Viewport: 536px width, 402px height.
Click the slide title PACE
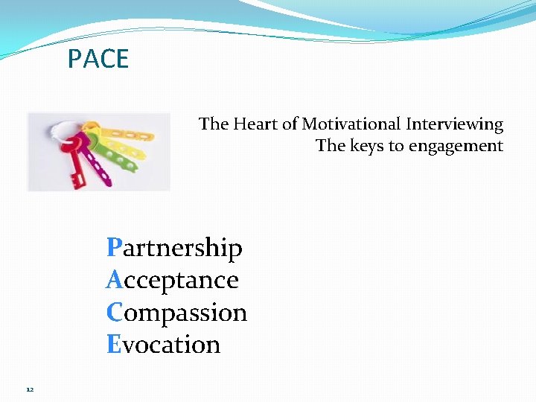(98, 59)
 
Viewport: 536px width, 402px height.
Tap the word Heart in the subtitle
(255, 124)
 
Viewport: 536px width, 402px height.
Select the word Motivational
(352, 124)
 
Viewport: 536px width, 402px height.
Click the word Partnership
(175, 248)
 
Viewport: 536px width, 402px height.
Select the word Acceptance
(173, 280)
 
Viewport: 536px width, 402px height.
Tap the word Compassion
(177, 313)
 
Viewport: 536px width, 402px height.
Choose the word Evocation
(164, 345)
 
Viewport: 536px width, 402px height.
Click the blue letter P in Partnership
(114, 247)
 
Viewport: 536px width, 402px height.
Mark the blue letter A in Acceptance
(114, 280)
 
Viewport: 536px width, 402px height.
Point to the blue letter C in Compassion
(114, 312)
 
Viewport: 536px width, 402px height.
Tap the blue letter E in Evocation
(114, 345)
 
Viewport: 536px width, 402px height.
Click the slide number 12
(30, 389)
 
